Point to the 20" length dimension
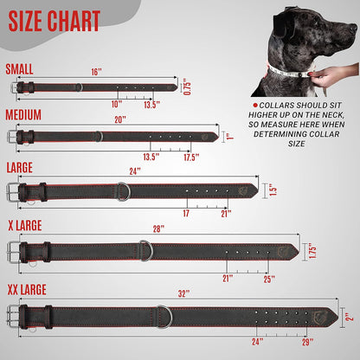click(x=119, y=119)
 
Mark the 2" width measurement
click(x=349, y=317)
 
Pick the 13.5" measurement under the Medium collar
click(x=150, y=157)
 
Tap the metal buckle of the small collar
click(x=18, y=87)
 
